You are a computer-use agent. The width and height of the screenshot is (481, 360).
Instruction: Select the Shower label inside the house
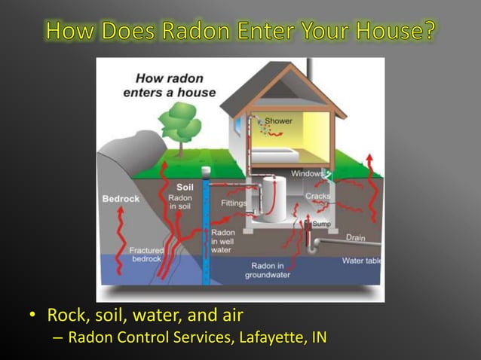pos(278,121)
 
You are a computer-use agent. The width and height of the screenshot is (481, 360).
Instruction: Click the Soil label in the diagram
pos(185,187)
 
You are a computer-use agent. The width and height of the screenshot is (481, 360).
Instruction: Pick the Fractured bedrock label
pos(146,255)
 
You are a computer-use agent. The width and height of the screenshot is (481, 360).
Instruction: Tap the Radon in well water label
pos(222,241)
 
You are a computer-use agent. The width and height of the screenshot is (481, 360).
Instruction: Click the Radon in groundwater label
pos(268,270)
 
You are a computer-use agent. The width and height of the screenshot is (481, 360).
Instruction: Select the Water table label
pos(361,261)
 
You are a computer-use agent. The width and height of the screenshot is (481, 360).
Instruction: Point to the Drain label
pos(355,238)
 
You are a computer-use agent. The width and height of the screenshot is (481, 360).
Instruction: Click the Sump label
pos(321,224)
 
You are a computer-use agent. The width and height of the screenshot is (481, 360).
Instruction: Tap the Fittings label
pos(234,203)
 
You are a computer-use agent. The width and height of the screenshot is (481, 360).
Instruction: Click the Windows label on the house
pos(308,173)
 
